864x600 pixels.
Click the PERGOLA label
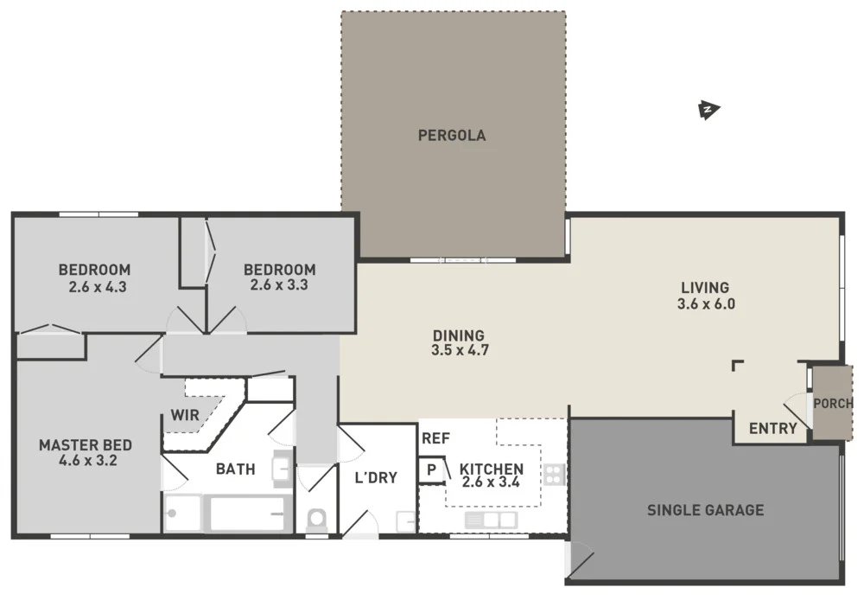[451, 135]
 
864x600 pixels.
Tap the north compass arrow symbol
[708, 110]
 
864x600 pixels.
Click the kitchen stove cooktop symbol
[554, 474]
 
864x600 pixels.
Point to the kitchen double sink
[491, 520]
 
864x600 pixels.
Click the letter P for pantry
[430, 469]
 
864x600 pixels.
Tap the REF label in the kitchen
[435, 438]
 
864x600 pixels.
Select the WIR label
[185, 415]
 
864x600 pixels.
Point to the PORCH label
[833, 404]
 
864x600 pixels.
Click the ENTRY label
[772, 429]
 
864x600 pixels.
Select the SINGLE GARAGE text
[705, 510]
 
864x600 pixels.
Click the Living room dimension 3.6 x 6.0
[706, 304]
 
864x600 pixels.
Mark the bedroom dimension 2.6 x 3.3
[279, 284]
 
